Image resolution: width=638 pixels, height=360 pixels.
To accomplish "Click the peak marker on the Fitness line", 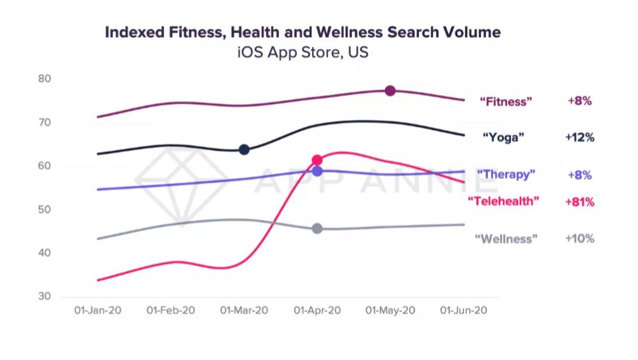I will pyautogui.click(x=390, y=91).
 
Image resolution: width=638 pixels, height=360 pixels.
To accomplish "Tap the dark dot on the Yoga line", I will pyautogui.click(x=243, y=149).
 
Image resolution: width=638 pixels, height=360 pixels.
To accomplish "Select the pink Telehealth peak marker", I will pyautogui.click(x=317, y=160).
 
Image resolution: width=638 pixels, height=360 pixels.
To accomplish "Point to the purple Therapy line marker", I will pyautogui.click(x=317, y=171).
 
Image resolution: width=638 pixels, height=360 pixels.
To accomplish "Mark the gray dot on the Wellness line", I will pyautogui.click(x=317, y=229).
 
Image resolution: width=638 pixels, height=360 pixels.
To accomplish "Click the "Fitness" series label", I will pyautogui.click(x=506, y=101).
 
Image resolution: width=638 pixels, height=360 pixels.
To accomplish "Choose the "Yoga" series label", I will pyautogui.click(x=503, y=137).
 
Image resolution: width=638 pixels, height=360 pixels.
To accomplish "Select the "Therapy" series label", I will pyautogui.click(x=506, y=174).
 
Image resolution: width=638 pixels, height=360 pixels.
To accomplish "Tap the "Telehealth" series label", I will pyautogui.click(x=503, y=202).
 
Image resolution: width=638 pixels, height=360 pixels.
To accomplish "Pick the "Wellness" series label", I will pyautogui.click(x=506, y=239).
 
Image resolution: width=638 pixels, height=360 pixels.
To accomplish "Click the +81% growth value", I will pyautogui.click(x=580, y=202).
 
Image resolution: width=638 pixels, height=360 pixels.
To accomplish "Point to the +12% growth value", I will pyautogui.click(x=580, y=137).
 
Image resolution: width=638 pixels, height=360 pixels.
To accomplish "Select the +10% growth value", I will pyautogui.click(x=580, y=239).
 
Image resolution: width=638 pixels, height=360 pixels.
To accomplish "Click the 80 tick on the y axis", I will pyautogui.click(x=44, y=79).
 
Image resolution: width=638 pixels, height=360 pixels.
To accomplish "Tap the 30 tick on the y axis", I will pyautogui.click(x=44, y=297).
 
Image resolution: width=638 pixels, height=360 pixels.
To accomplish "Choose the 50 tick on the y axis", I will pyautogui.click(x=44, y=210).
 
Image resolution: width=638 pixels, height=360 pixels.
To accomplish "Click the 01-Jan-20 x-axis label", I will pyautogui.click(x=98, y=310).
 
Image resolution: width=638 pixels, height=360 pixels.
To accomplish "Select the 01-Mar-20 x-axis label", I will pyautogui.click(x=244, y=310).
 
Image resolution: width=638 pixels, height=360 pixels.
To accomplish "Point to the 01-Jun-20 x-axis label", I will pyautogui.click(x=464, y=310).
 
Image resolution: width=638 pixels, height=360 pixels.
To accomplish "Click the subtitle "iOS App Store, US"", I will pyautogui.click(x=302, y=53).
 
